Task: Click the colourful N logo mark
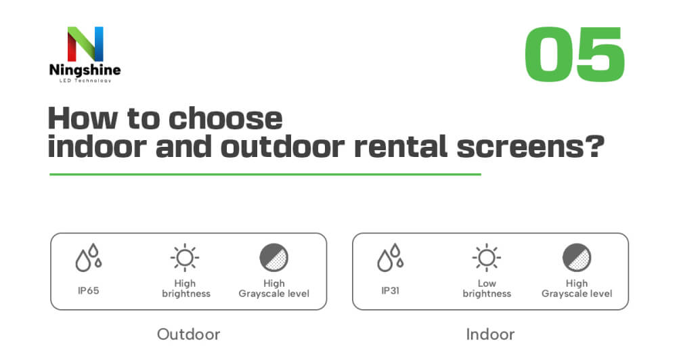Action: pos(85,44)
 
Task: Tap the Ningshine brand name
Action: pos(85,70)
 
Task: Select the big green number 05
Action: pos(575,54)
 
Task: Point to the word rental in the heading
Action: pos(401,147)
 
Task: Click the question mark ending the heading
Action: pos(596,146)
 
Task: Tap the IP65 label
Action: pos(89,290)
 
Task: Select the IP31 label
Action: pos(391,290)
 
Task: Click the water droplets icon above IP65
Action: pos(89,258)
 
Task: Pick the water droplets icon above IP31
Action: pos(391,258)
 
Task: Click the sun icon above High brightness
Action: pos(185,258)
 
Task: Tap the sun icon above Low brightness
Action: pos(487,258)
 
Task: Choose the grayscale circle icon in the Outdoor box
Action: pos(274,258)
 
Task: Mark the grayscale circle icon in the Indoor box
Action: pos(577,258)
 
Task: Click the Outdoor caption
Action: pos(189,334)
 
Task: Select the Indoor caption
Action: pos(490,334)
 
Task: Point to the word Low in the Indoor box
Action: pos(487,284)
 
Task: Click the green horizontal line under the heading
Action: pos(265,175)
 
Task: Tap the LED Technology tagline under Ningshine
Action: pos(85,81)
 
